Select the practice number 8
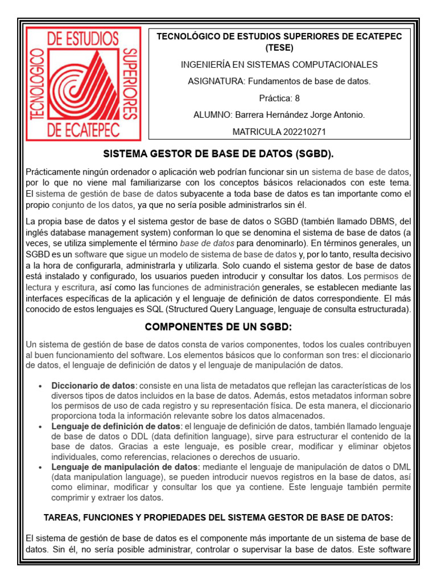297,98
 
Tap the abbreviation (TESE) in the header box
279,48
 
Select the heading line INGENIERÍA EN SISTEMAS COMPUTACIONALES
279,65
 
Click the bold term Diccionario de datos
94,385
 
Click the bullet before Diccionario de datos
39,386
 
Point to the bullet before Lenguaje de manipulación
39,467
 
